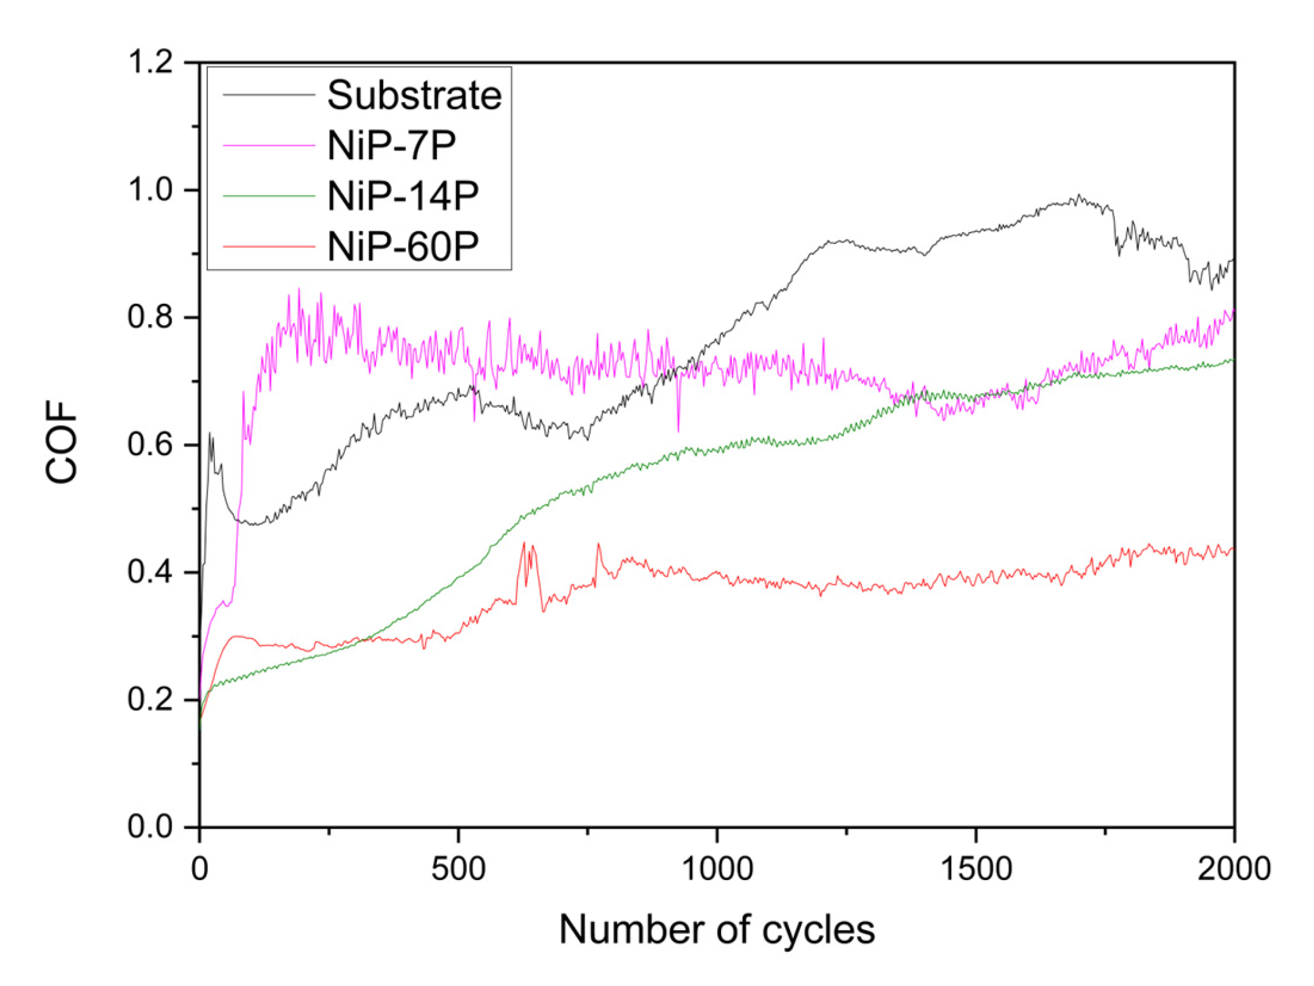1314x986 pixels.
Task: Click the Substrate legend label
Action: click(414, 96)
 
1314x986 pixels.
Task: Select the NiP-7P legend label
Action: click(391, 145)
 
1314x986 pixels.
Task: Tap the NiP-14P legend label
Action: click(403, 196)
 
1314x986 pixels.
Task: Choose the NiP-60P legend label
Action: click(403, 247)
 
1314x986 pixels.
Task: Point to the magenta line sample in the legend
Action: click(269, 146)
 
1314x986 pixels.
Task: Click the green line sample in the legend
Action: click(269, 197)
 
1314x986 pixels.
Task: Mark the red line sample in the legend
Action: click(269, 247)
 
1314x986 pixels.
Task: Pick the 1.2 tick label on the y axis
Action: click(151, 62)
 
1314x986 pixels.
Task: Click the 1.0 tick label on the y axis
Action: click(151, 190)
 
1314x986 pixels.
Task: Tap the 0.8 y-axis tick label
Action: click(151, 317)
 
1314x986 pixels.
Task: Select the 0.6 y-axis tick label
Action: click(151, 444)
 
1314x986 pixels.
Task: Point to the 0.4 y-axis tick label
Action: click(151, 572)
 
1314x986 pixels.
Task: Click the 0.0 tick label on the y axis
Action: click(151, 826)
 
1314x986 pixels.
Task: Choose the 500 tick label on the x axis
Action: click(458, 869)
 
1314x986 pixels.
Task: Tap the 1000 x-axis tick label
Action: click(717, 869)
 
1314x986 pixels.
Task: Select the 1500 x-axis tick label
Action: click(975, 869)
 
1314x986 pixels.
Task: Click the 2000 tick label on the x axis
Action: click(1233, 869)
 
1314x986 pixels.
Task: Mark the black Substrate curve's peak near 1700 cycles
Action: click(1078, 195)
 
